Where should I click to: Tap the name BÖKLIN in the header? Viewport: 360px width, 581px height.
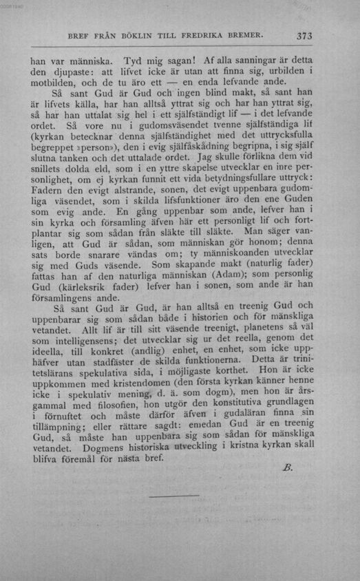point(138,36)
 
